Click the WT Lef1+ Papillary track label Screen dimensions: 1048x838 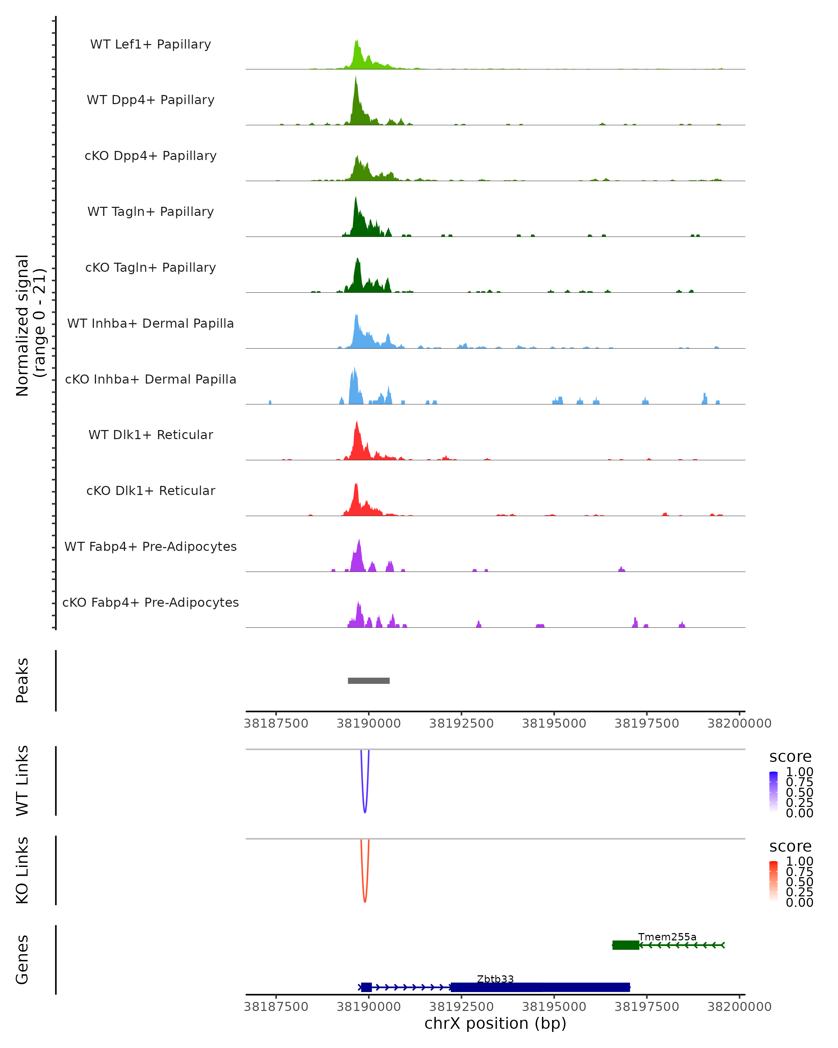(150, 44)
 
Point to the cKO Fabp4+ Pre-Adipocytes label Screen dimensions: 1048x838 (150, 602)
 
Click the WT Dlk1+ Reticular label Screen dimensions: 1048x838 (150, 435)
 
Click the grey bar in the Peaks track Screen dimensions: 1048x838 (369, 681)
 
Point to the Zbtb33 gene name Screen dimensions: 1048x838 (495, 979)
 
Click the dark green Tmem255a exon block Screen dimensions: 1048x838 (626, 945)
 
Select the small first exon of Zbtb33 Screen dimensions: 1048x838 (366, 987)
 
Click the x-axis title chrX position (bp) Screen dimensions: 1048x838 (495, 1023)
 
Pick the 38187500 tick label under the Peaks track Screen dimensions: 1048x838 (276, 723)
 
